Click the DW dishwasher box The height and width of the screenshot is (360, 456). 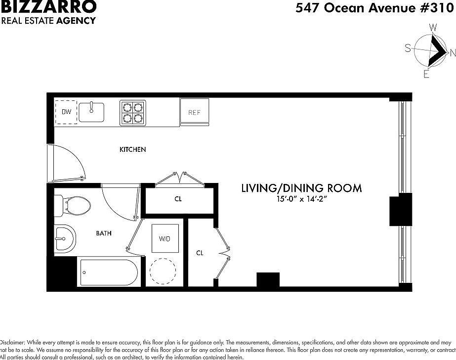[66, 112]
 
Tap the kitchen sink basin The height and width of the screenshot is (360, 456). [91, 112]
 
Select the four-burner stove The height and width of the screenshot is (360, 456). [133, 113]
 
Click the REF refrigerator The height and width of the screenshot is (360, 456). [194, 112]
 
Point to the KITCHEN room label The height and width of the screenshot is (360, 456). [133, 149]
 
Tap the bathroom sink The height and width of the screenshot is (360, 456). [64, 239]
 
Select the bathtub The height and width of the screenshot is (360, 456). [108, 272]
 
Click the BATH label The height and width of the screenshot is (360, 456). [103, 233]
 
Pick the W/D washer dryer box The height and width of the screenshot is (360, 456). [165, 239]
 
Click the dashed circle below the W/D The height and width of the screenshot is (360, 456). [163, 271]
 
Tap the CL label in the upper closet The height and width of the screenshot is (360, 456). [178, 200]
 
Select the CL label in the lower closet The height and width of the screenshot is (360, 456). [200, 253]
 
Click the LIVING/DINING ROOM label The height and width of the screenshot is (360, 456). [301, 188]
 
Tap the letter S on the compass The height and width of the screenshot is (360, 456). [408, 48]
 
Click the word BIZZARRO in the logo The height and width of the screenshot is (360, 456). [48, 7]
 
